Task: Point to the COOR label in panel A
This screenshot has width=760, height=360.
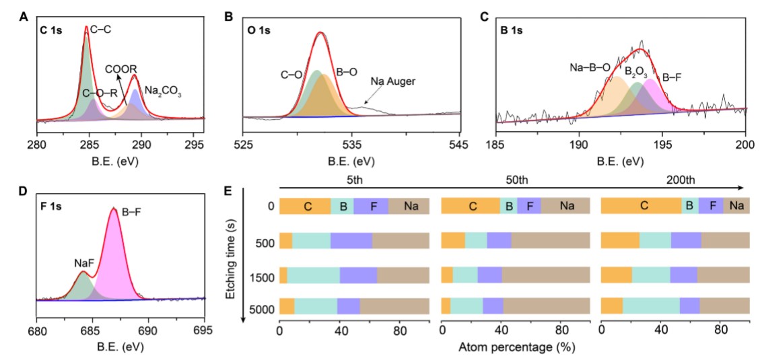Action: click(121, 69)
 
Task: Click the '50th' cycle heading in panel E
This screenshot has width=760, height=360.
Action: click(515, 180)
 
